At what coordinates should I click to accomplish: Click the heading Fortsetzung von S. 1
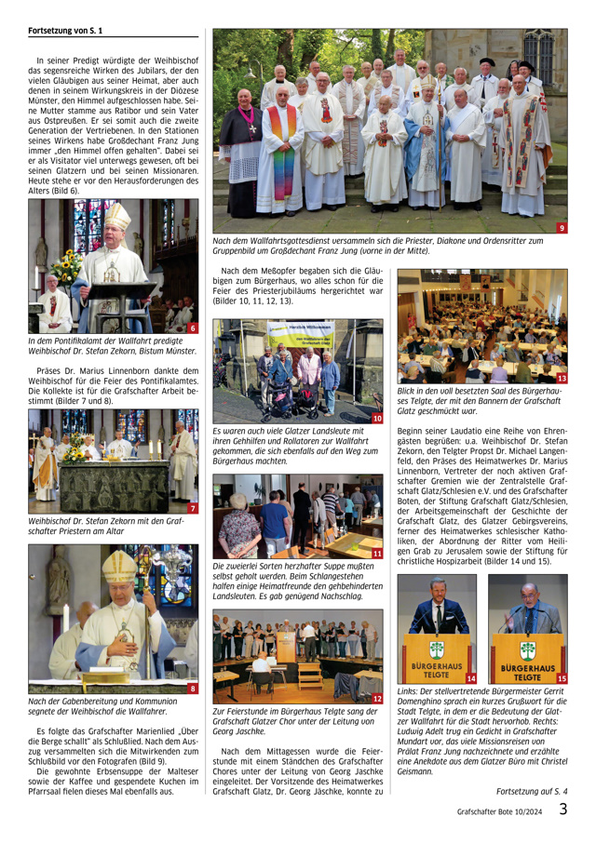tap(65, 31)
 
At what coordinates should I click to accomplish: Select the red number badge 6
tap(191, 328)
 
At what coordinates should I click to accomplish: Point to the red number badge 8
tap(191, 688)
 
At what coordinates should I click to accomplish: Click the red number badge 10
tap(376, 420)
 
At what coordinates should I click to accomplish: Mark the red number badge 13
tap(561, 379)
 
